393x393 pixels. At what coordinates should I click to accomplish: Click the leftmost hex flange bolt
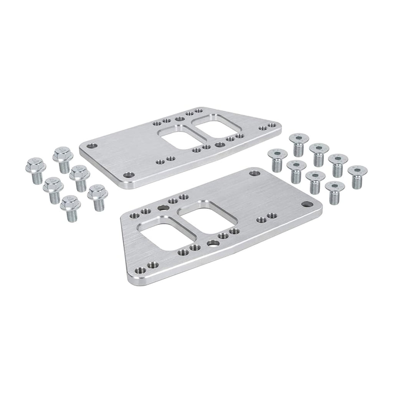point(35,170)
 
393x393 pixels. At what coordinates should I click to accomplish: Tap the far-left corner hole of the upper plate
point(91,146)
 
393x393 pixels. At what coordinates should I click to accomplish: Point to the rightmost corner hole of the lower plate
point(305,203)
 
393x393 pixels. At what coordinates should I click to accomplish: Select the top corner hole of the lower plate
point(253,173)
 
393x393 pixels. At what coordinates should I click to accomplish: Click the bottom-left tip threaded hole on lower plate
point(152,265)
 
